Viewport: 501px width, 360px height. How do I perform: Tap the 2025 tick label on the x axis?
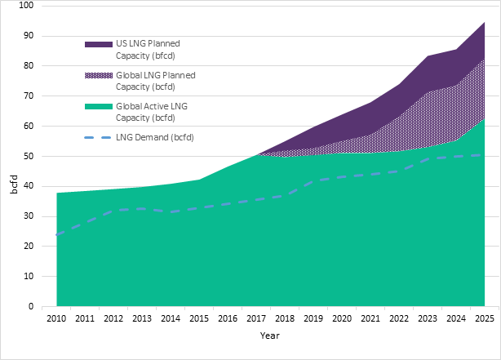(x=485, y=317)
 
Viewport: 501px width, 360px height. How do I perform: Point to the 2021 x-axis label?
(x=371, y=317)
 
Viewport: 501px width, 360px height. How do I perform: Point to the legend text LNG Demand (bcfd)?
(x=160, y=136)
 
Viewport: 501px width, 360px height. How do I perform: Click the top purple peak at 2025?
(x=485, y=23)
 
